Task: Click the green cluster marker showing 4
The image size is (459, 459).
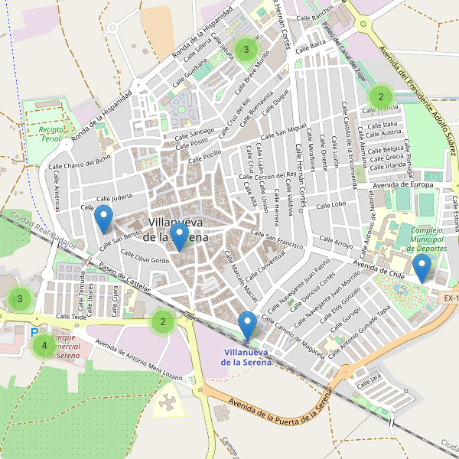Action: (44, 346)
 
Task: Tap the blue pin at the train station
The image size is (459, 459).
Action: (246, 325)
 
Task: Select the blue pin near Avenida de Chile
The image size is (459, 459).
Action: (422, 268)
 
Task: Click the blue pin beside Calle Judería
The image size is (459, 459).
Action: (103, 220)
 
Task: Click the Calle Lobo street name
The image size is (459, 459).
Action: (330, 205)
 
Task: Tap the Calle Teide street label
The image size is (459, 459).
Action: (69, 315)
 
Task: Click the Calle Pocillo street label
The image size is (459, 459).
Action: (204, 156)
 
